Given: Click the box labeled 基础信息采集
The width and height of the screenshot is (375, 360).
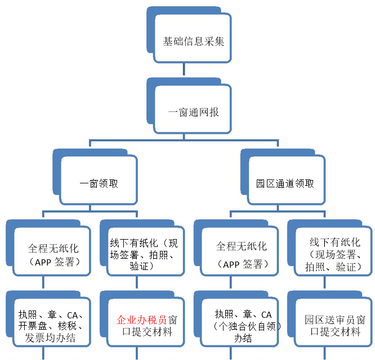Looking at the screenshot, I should (193, 41).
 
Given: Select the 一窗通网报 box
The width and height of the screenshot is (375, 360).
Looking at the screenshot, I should (193, 112).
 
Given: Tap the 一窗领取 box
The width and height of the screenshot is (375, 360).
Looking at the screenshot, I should (99, 183).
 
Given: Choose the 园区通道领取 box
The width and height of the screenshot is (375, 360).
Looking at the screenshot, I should (285, 183).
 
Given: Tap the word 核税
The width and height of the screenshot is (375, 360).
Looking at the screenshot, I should (73, 326).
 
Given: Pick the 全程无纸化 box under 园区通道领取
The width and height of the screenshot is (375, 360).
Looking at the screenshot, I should (240, 254).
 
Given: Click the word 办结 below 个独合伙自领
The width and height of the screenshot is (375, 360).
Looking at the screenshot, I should (242, 339).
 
